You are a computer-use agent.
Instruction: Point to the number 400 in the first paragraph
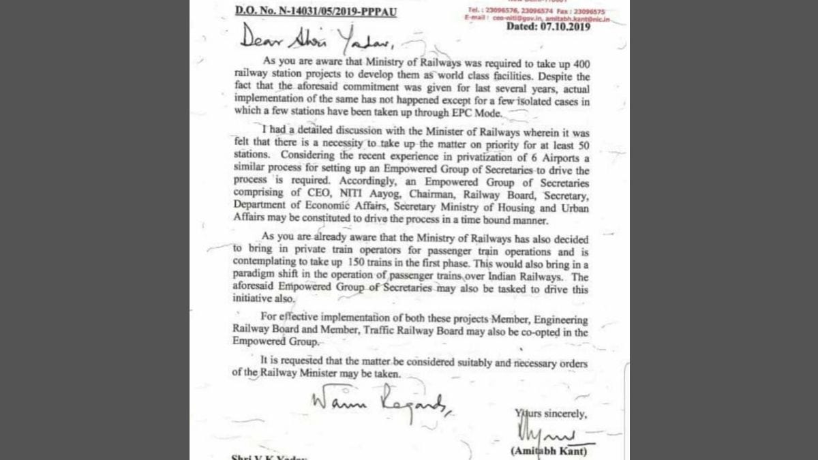[578, 65]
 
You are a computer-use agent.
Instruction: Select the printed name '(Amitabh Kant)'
[548, 452]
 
